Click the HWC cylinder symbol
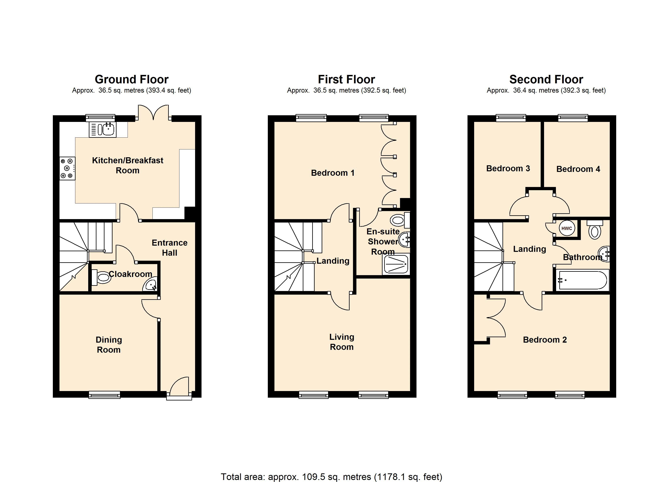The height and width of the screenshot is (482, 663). (x=567, y=228)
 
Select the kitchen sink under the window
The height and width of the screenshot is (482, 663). (x=102, y=129)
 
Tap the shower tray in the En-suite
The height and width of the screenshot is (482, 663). (x=396, y=264)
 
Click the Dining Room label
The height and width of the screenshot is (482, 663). (x=109, y=345)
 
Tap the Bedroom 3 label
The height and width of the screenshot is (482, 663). (x=508, y=168)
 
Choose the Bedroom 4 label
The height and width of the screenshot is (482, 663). (x=578, y=169)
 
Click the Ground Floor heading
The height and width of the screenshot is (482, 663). (x=132, y=79)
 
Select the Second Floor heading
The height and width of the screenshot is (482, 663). (x=546, y=79)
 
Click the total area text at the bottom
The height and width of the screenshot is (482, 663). (x=331, y=477)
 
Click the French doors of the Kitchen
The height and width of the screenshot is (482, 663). (x=153, y=112)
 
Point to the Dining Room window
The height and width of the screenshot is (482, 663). (x=104, y=395)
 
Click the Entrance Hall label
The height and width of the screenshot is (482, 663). (x=170, y=248)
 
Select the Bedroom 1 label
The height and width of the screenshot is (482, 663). (x=333, y=173)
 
